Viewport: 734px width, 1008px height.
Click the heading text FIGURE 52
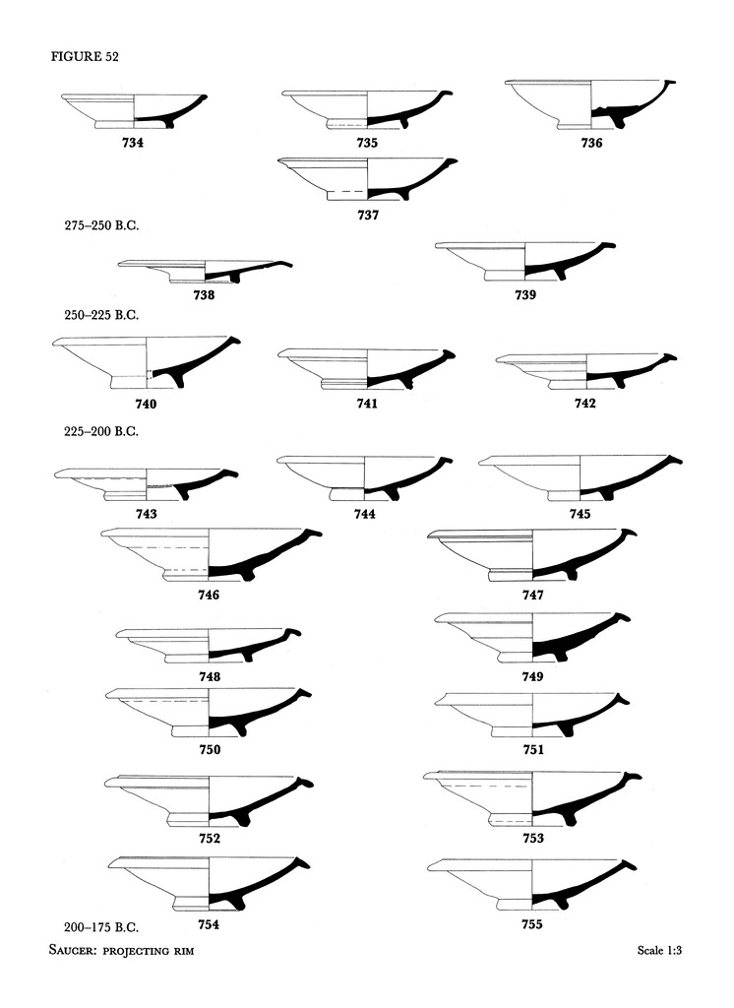click(x=85, y=56)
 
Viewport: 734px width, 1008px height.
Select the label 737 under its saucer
click(x=367, y=214)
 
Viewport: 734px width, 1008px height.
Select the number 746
click(x=208, y=595)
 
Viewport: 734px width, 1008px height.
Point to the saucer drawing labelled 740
click(x=147, y=362)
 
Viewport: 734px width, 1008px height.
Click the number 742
click(x=586, y=404)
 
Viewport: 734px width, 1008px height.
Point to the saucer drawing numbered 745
click(x=580, y=476)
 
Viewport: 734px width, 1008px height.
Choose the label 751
click(x=532, y=750)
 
